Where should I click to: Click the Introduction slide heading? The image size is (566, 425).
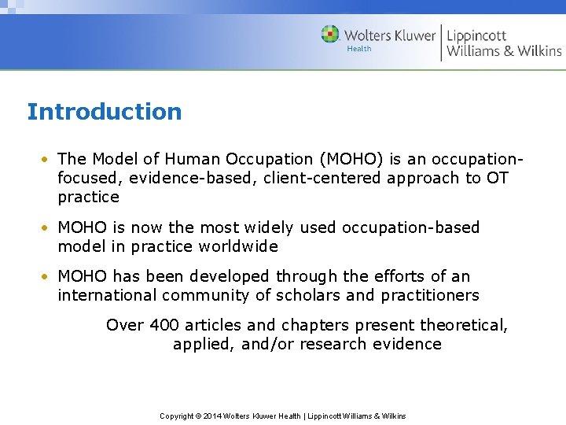[x=105, y=112]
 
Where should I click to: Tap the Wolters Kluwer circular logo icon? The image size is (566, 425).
[x=330, y=35]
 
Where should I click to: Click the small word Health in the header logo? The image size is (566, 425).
[x=359, y=49]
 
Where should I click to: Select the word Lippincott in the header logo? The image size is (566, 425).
[x=476, y=35]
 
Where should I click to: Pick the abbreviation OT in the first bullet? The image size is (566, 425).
[x=497, y=178]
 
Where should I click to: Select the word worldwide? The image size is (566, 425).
[x=239, y=246]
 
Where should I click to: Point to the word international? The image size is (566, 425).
[x=107, y=295]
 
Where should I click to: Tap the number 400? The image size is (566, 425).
[x=160, y=325]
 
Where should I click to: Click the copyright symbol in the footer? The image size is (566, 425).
[x=198, y=416]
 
